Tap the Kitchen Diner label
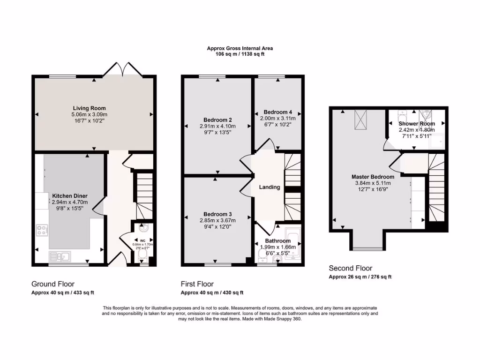tap(69, 196)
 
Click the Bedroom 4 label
tap(278, 112)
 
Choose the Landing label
tap(270, 187)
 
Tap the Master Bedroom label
tap(373, 177)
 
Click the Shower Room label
tap(417, 124)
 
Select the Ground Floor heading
tap(53, 284)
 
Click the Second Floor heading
tap(351, 269)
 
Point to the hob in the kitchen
tap(41, 230)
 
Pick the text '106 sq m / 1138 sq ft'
tap(240, 54)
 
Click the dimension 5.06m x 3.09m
tap(90, 114)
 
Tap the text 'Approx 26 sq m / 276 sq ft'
tap(360, 277)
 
